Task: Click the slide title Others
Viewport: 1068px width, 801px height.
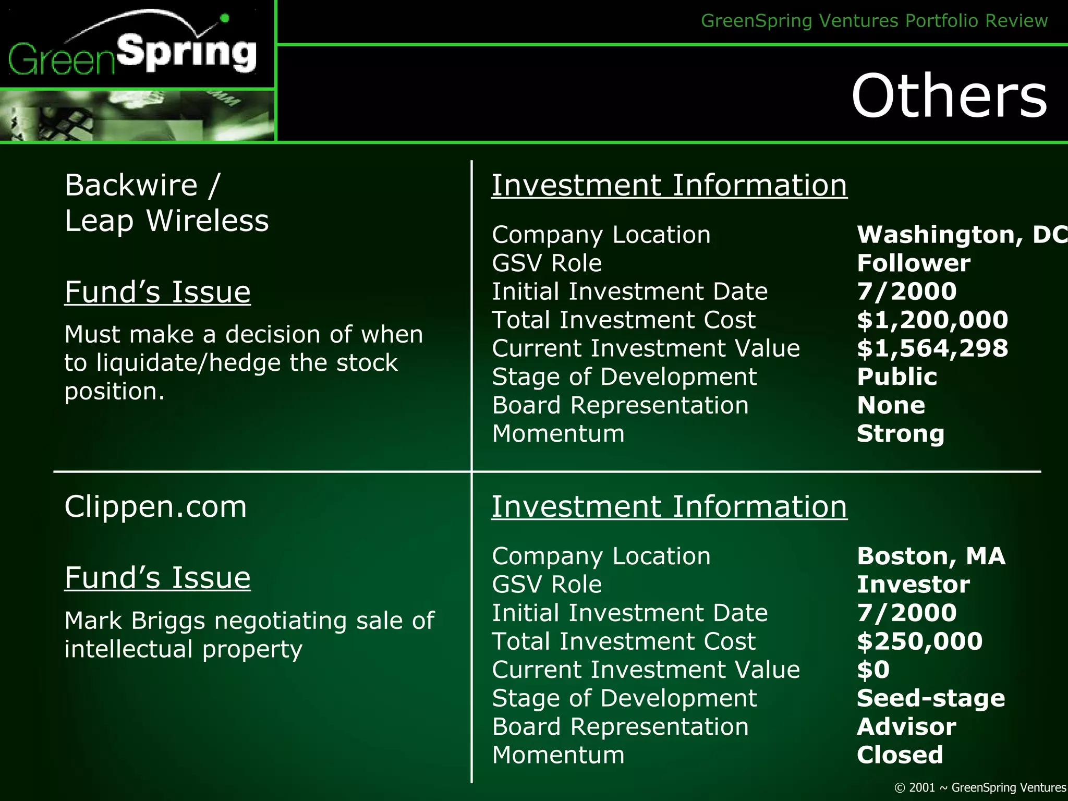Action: point(949,96)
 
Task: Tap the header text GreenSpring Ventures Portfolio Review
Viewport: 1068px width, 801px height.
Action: point(874,21)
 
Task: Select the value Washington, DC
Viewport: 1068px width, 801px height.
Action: point(961,235)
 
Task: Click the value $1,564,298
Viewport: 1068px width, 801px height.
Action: point(932,348)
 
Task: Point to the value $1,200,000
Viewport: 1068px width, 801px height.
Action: point(932,320)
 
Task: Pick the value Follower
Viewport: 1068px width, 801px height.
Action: point(914,263)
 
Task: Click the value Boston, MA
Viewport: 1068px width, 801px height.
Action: point(931,556)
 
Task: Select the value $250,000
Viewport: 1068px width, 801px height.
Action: point(919,641)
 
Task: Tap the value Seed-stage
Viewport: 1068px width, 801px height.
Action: point(931,698)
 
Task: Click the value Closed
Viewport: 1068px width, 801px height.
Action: point(900,755)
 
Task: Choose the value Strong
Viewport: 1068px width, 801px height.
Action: point(901,434)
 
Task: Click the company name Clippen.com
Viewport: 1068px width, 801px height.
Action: point(155,506)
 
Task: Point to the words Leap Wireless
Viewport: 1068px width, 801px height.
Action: point(166,221)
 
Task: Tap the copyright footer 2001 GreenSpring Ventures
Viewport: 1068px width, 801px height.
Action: point(980,787)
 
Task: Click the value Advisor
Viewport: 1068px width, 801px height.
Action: point(906,727)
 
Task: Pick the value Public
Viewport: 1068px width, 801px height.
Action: point(897,377)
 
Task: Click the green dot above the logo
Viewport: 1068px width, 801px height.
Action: point(225,18)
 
